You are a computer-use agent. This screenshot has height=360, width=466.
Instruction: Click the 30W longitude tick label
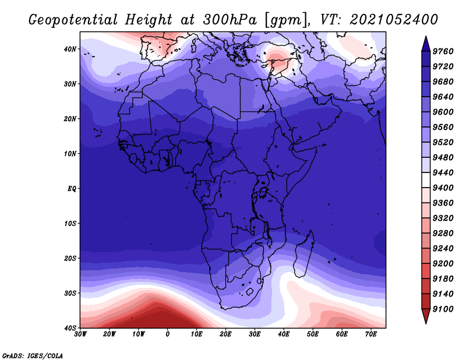(80, 334)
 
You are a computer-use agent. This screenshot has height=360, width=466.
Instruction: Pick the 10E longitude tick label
(197, 334)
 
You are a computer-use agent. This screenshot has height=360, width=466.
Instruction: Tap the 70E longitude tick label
(370, 334)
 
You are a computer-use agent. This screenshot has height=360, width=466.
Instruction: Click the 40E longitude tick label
(284, 334)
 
